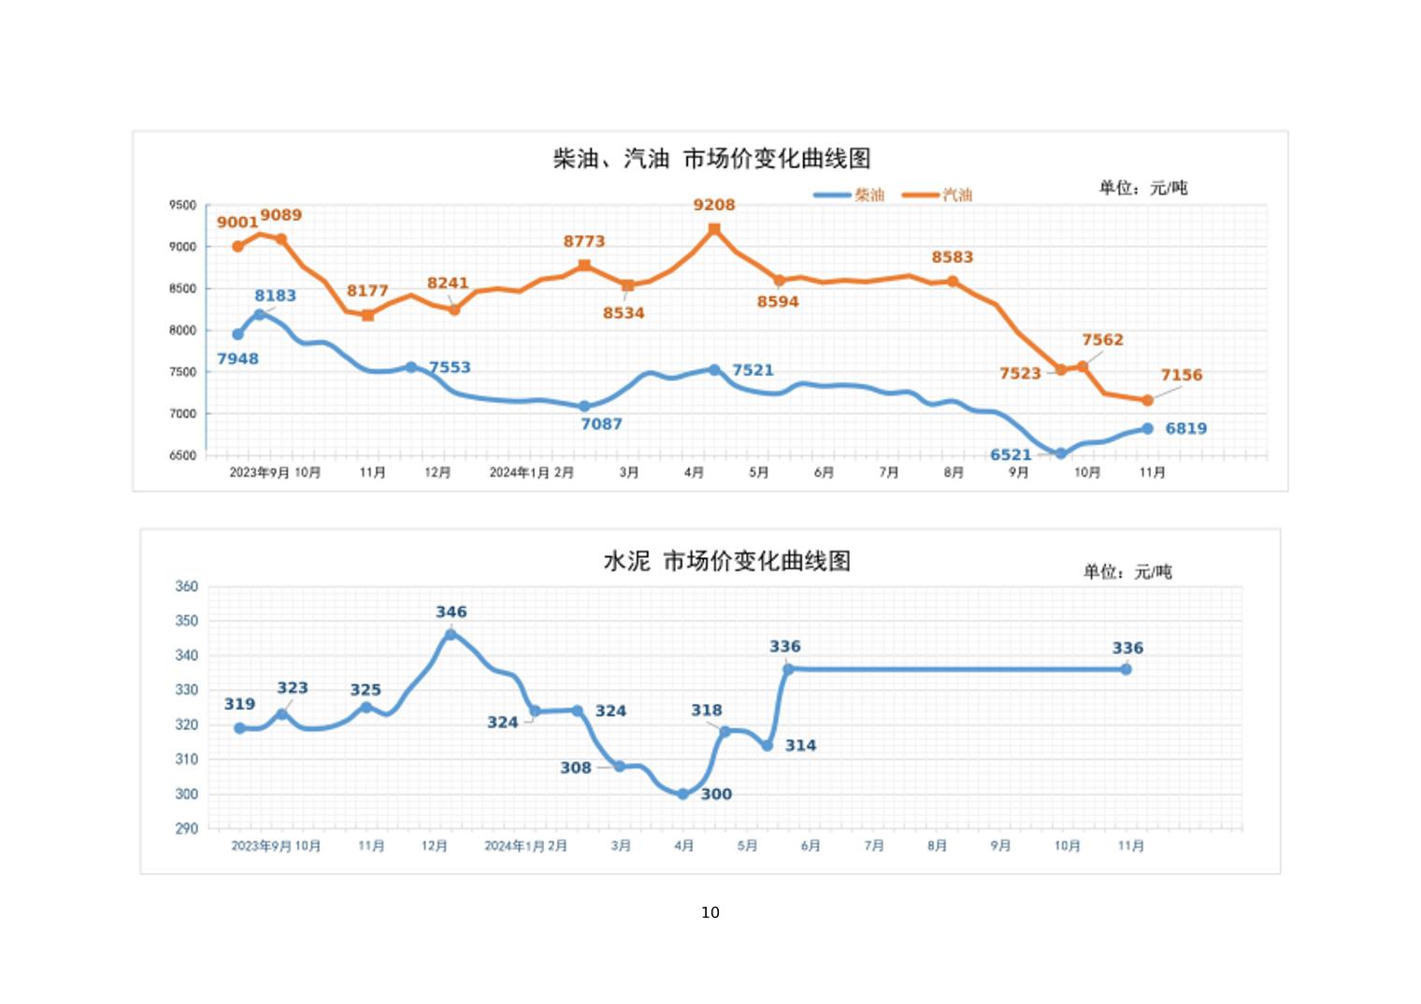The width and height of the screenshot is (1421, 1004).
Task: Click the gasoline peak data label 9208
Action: pyautogui.click(x=714, y=205)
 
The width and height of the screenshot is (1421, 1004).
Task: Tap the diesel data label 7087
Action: pyautogui.click(x=601, y=424)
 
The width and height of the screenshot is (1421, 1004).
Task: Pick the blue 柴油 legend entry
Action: pyautogui.click(x=849, y=194)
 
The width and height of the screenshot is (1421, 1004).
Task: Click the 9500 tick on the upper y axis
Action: pyautogui.click(x=183, y=206)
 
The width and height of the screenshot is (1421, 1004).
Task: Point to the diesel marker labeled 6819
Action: pyautogui.click(x=1147, y=428)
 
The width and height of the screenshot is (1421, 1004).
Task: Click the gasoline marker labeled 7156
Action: pyautogui.click(x=1147, y=400)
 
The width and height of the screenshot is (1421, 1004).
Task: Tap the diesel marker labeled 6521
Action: pyautogui.click(x=1061, y=453)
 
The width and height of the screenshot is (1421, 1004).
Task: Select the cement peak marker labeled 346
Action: pyautogui.click(x=451, y=635)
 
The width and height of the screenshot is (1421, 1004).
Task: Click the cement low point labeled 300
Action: pyautogui.click(x=683, y=794)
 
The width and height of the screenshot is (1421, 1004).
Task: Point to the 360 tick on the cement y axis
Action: pyautogui.click(x=187, y=587)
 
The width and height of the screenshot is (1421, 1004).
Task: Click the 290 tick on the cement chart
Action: pyautogui.click(x=187, y=828)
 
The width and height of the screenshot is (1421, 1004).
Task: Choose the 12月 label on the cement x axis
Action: pyautogui.click(x=435, y=846)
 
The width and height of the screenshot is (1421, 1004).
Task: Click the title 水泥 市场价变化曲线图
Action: pyautogui.click(x=726, y=561)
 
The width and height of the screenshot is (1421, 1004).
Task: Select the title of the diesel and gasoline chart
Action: pyautogui.click(x=711, y=159)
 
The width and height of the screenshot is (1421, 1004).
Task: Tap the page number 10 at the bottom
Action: pyautogui.click(x=710, y=912)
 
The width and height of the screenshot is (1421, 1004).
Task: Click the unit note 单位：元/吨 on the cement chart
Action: pyautogui.click(x=1127, y=571)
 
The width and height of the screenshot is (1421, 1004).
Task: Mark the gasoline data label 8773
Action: pyautogui.click(x=584, y=241)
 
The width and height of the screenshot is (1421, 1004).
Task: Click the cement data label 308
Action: pyautogui.click(x=576, y=767)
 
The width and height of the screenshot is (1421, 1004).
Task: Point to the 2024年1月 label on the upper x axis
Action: pyautogui.click(x=520, y=473)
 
